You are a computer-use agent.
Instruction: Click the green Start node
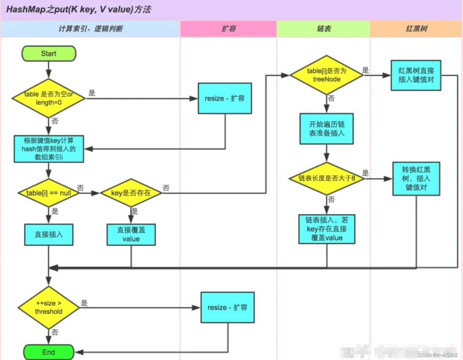49,54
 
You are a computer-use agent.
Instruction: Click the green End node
49,352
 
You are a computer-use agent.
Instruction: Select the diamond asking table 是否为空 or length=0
48,98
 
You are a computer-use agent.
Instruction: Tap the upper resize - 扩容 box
225,98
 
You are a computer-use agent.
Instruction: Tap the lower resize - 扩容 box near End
228,307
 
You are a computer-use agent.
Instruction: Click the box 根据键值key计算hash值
49,149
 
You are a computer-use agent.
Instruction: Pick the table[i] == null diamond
48,193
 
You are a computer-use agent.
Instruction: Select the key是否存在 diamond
131,193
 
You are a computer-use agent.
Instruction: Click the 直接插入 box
49,234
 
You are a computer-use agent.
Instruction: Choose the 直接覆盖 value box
131,234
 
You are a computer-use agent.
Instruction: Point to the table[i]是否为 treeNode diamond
327,75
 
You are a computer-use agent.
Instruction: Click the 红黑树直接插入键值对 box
416,75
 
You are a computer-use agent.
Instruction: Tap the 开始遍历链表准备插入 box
327,129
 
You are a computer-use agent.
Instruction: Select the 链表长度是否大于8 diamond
327,178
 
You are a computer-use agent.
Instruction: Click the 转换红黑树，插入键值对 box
416,178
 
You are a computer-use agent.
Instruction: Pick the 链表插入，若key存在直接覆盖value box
327,229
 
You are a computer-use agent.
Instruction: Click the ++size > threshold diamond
48,307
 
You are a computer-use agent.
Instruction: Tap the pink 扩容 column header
229,29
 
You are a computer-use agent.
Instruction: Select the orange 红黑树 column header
416,29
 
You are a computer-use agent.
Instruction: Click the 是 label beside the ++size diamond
84,303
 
